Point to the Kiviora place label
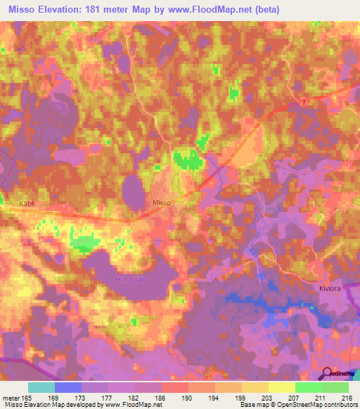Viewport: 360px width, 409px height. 330,287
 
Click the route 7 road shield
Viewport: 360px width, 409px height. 303,103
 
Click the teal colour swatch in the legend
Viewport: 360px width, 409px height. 41,387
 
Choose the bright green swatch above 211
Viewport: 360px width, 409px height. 308,387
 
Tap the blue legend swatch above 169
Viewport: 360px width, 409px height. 68,387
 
